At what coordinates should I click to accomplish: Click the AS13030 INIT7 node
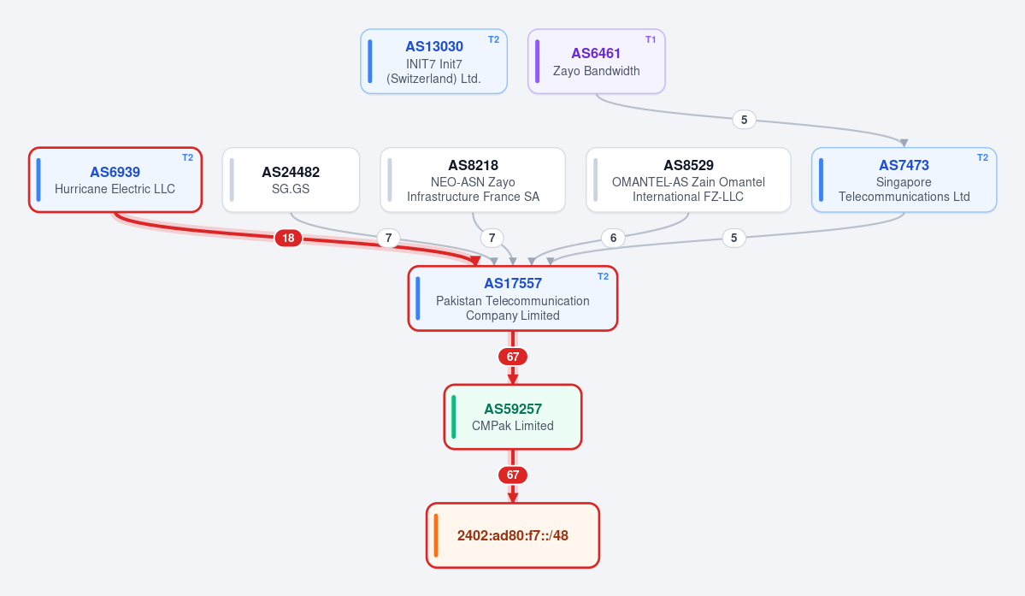(434, 62)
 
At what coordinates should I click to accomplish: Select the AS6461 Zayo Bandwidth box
(596, 62)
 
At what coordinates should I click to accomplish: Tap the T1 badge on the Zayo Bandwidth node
(651, 40)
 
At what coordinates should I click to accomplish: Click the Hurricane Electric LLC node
(115, 180)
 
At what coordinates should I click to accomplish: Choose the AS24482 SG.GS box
(291, 180)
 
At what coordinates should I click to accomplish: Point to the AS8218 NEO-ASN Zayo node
(473, 180)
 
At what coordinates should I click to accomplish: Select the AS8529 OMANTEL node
(688, 180)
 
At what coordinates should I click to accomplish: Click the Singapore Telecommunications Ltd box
(904, 180)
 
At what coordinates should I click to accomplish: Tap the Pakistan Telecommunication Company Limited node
(513, 298)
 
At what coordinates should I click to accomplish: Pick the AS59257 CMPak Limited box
(513, 417)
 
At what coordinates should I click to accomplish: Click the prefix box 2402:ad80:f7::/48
(513, 535)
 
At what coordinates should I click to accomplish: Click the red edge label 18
(288, 238)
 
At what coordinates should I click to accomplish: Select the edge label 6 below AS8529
(613, 238)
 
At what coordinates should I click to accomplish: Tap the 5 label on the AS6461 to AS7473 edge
(744, 120)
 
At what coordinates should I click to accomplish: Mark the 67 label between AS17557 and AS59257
(513, 357)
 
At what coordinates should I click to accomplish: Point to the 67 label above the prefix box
(513, 475)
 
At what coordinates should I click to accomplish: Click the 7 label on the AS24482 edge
(388, 238)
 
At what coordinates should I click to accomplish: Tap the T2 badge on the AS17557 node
(604, 276)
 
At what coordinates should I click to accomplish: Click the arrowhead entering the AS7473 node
(904, 143)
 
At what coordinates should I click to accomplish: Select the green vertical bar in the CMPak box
(454, 417)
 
